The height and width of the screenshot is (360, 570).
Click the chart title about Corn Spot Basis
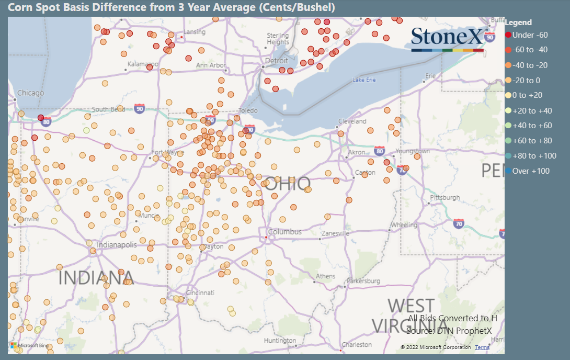click(172, 7)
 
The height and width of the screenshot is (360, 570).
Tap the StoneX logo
click(448, 38)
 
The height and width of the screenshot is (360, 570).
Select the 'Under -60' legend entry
click(530, 35)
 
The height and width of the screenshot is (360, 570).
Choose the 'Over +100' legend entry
click(531, 171)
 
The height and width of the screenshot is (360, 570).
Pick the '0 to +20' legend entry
click(528, 95)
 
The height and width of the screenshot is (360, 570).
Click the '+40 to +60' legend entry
click(532, 126)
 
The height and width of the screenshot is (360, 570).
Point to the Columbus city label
click(284, 232)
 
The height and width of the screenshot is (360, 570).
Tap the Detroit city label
click(277, 61)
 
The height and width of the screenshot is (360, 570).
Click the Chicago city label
click(30, 93)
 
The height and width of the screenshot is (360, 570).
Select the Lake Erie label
click(364, 80)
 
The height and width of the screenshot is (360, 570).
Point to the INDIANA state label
click(96, 278)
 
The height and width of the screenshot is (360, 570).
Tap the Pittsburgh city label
click(444, 198)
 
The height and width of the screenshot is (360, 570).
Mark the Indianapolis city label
click(117, 245)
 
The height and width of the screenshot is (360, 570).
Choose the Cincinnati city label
click(196, 292)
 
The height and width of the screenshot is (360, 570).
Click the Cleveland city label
click(352, 121)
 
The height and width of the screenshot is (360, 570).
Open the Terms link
click(482, 347)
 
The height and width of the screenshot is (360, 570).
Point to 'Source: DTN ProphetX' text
click(449, 331)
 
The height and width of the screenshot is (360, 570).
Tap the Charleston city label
click(356, 345)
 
